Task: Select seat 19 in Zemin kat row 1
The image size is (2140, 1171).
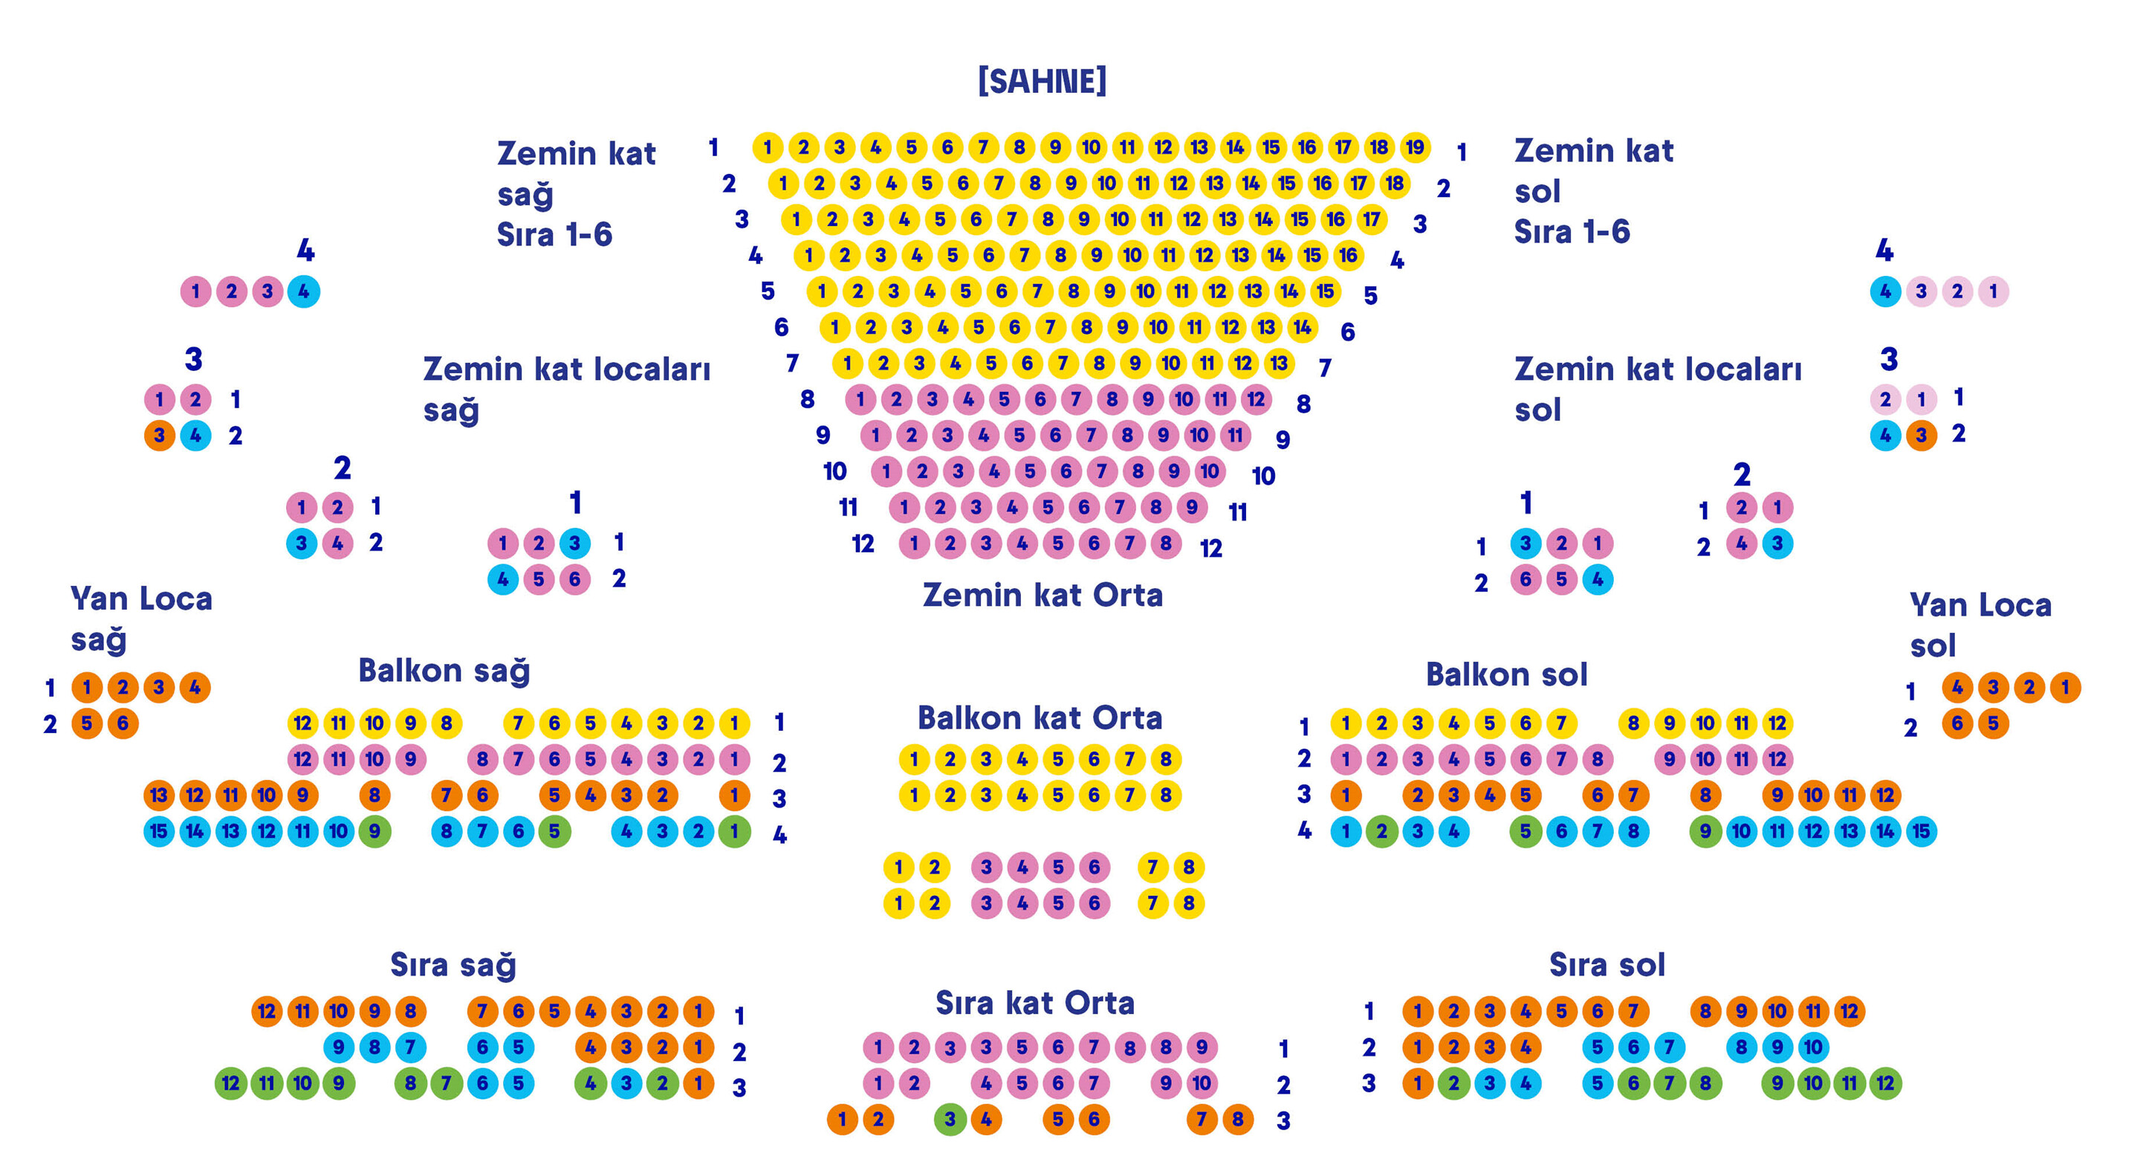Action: pyautogui.click(x=1414, y=148)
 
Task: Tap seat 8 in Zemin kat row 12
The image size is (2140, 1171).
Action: pyautogui.click(x=1166, y=543)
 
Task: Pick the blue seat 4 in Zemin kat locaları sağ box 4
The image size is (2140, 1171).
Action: pyautogui.click(x=303, y=291)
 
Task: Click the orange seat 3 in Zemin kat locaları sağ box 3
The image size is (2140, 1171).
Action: pyautogui.click(x=159, y=436)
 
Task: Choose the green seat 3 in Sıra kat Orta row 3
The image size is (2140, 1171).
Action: pyautogui.click(x=950, y=1120)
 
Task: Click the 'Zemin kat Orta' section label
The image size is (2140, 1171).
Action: pyautogui.click(x=1042, y=595)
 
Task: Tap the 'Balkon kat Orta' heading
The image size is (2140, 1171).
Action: pyautogui.click(x=1040, y=718)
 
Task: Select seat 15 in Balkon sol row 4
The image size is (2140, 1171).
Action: pyautogui.click(x=1921, y=831)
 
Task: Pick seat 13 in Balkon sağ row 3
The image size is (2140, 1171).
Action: pyautogui.click(x=159, y=796)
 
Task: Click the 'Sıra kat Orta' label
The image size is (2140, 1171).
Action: pyautogui.click(x=1034, y=1003)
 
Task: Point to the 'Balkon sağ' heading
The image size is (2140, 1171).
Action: pyautogui.click(x=444, y=671)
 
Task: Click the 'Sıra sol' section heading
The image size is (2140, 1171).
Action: pyautogui.click(x=1606, y=965)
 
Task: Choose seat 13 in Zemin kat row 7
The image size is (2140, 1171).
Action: pyautogui.click(x=1279, y=363)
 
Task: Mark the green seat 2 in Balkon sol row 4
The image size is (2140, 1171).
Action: pyautogui.click(x=1381, y=831)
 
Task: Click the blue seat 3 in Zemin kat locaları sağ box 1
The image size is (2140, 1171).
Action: pyautogui.click(x=574, y=543)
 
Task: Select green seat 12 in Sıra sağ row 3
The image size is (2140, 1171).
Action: pyautogui.click(x=231, y=1084)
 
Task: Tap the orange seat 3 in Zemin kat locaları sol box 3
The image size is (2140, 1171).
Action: pyautogui.click(x=1921, y=436)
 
